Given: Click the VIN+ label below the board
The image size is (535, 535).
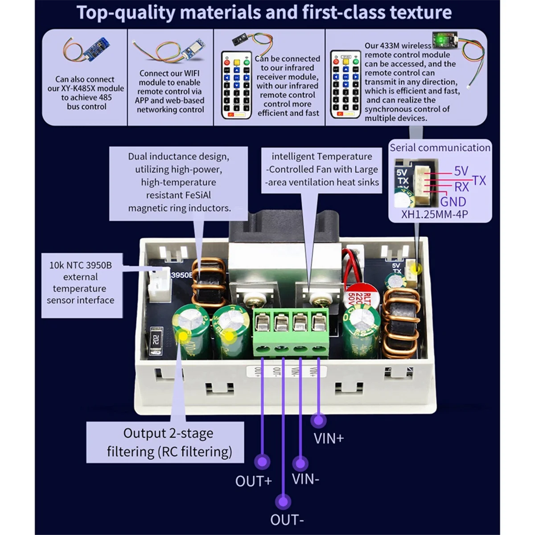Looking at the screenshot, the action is coord(329,438).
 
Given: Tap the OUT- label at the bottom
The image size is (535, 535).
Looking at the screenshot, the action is coord(287,520).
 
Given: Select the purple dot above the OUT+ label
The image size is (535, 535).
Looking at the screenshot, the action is coord(262,462).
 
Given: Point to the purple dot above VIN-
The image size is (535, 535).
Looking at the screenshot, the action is coord(300,463).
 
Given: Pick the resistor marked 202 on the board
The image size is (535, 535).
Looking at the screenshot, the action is coord(156,341).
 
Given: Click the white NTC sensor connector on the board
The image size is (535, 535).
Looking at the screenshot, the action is coord(160,285).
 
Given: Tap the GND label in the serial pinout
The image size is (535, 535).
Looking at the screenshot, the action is coord(453,202).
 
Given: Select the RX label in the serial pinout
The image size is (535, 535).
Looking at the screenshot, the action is coord(461,187).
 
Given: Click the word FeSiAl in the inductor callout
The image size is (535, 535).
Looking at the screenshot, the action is coord(195,195).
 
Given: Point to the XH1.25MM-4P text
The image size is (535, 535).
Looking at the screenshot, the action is coord(435,214).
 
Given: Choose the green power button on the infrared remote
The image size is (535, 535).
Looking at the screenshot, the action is coord(246,62).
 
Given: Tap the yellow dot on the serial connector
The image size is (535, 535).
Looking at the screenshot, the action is coord(416,268).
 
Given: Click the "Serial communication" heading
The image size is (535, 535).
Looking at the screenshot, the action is coord(440,148).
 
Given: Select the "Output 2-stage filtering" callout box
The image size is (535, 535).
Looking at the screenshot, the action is coord(165,442).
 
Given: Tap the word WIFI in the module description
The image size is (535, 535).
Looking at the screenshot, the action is coord(190,74).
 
